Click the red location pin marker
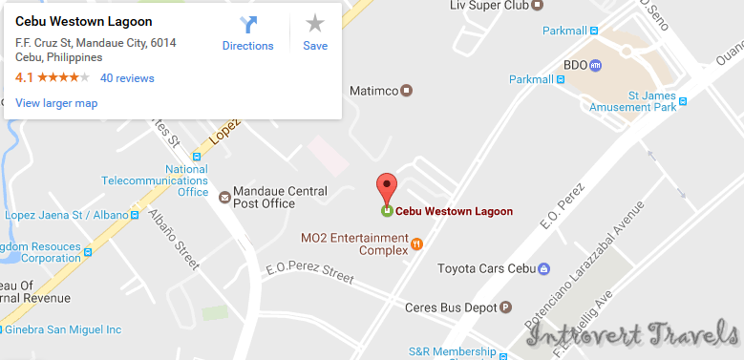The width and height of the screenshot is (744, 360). (x=386, y=187)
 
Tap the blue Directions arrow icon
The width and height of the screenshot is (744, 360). (x=247, y=26)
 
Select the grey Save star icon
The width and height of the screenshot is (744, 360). (x=315, y=25)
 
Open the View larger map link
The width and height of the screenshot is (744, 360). (x=56, y=103)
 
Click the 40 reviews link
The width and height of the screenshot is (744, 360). (x=127, y=78)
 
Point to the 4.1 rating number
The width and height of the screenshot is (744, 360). (x=24, y=78)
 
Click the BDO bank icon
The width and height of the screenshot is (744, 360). (x=595, y=66)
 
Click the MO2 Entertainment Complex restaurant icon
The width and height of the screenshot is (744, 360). (x=416, y=244)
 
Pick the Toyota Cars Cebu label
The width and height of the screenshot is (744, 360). (x=486, y=268)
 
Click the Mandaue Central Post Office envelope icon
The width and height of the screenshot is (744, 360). (x=224, y=198)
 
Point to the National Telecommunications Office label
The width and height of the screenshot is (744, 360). (x=155, y=180)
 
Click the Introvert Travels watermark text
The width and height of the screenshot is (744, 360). (x=629, y=335)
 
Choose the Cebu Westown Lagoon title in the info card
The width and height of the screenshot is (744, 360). (x=84, y=21)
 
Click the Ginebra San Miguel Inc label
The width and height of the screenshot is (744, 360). (x=63, y=330)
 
